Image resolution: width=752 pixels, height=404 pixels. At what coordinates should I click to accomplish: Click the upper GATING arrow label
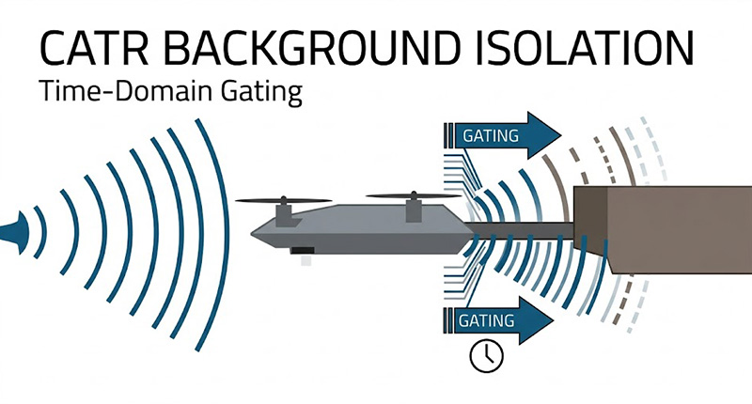coord(490,135)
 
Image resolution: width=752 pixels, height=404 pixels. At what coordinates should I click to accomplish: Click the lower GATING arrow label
coord(486,320)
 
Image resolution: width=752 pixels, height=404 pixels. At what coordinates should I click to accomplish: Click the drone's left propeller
coord(283,200)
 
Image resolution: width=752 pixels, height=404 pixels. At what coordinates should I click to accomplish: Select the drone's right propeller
coord(410,196)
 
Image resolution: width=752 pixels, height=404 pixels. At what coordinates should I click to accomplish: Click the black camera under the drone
coord(303,250)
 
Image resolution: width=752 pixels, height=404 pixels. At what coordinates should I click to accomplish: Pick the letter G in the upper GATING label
coord(468,135)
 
